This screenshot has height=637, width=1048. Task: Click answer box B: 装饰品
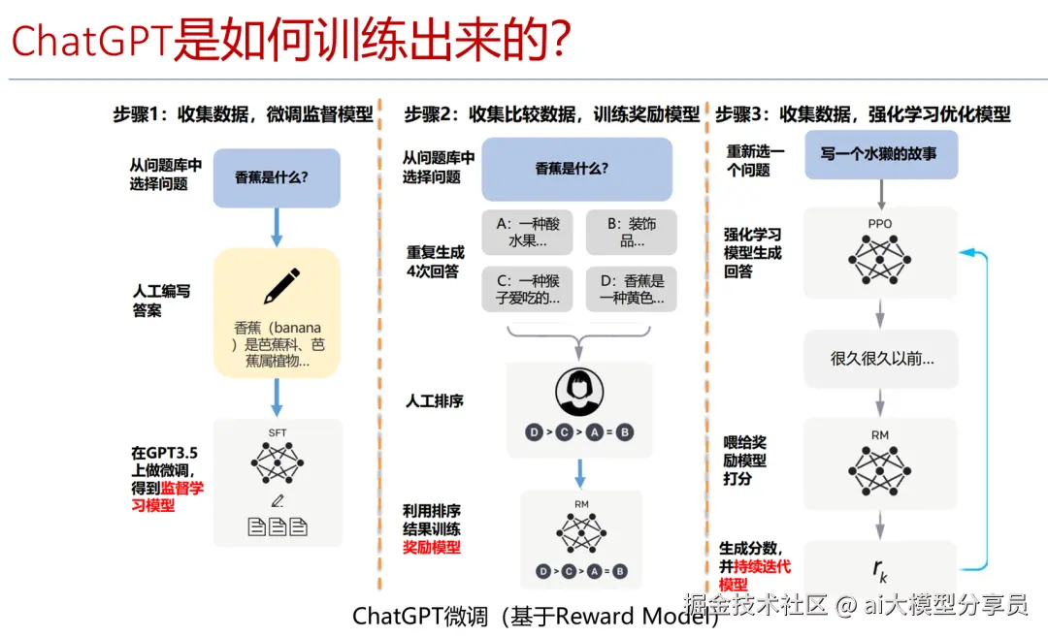(632, 233)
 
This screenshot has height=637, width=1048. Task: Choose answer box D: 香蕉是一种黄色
(632, 289)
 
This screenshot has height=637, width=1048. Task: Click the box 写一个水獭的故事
(881, 153)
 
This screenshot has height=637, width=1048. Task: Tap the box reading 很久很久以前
(881, 359)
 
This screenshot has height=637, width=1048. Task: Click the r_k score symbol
(880, 568)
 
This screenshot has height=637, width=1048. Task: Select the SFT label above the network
(278, 432)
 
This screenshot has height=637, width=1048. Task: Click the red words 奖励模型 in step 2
(432, 548)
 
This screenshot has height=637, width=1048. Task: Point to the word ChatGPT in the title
(91, 41)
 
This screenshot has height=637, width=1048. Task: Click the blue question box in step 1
(277, 177)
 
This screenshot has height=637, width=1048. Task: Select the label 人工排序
(434, 400)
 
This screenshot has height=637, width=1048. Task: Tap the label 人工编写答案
(161, 301)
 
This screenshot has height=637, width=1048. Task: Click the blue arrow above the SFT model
(277, 398)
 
